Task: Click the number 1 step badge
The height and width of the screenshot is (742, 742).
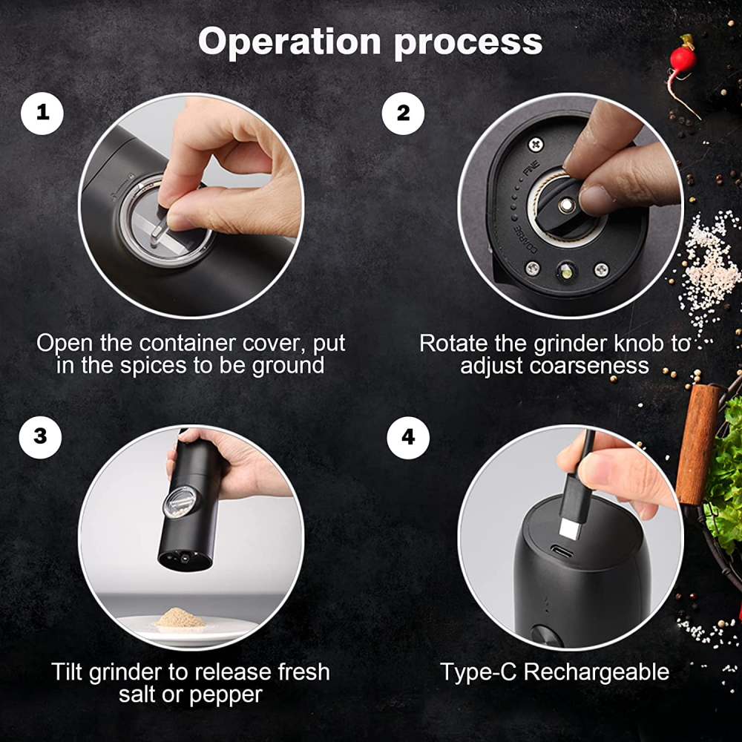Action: [x=42, y=113]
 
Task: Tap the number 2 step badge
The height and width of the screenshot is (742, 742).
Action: [x=403, y=113]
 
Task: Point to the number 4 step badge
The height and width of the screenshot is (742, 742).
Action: [x=408, y=437]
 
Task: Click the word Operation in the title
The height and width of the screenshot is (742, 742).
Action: [x=289, y=42]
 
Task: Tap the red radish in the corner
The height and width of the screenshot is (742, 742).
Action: [x=683, y=59]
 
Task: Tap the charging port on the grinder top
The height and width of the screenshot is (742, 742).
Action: [x=562, y=552]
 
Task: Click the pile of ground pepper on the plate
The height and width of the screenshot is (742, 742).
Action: [x=180, y=619]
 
